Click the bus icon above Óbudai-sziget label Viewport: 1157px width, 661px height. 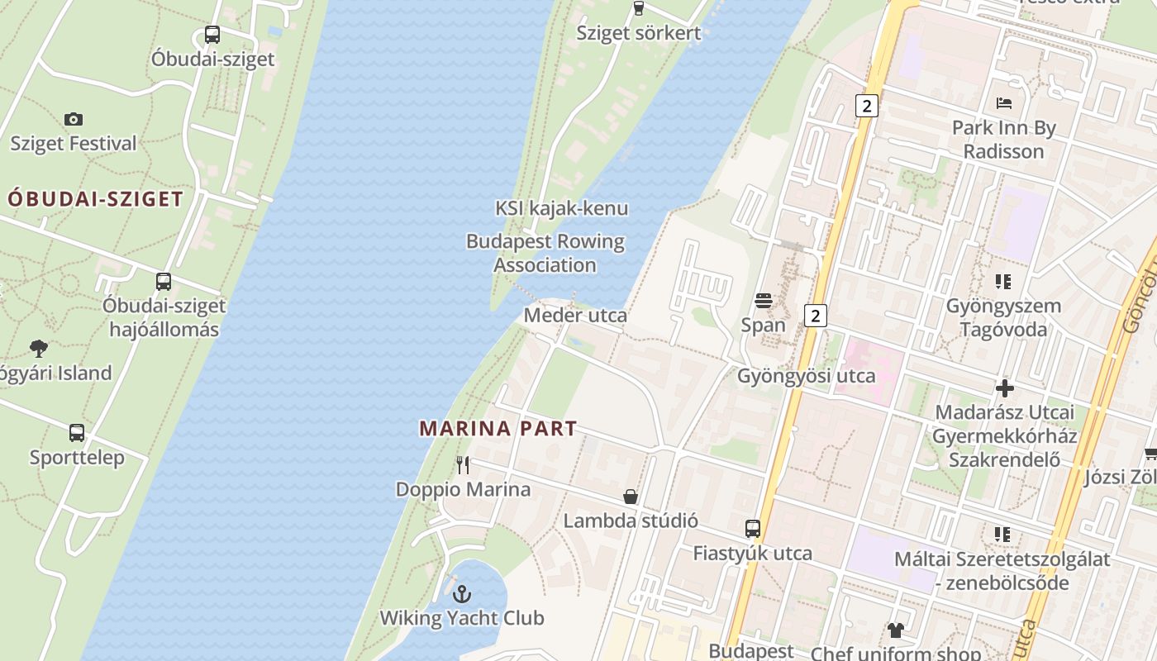212,35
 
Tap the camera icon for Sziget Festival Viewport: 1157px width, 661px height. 74,119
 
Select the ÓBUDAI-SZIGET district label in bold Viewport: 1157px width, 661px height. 95,199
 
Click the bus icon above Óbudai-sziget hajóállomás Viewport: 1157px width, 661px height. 164,281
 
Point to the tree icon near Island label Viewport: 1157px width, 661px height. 38,348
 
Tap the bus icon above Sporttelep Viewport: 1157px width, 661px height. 77,432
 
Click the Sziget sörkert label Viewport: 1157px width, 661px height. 638,33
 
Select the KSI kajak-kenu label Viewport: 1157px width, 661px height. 561,208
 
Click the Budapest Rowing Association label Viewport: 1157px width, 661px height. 545,253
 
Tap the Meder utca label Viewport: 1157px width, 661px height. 575,316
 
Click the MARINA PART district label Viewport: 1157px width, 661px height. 498,429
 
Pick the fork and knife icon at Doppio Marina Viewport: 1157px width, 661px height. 463,465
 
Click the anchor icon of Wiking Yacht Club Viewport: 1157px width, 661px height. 462,593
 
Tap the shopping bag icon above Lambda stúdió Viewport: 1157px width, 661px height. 631,497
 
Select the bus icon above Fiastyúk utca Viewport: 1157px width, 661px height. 752,528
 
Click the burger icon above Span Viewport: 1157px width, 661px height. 763,300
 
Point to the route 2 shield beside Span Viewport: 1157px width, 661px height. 816,315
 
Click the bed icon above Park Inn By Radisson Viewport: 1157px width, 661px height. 1004,103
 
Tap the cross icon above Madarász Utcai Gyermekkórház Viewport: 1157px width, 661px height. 1005,388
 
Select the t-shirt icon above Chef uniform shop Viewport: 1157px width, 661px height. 896,630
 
